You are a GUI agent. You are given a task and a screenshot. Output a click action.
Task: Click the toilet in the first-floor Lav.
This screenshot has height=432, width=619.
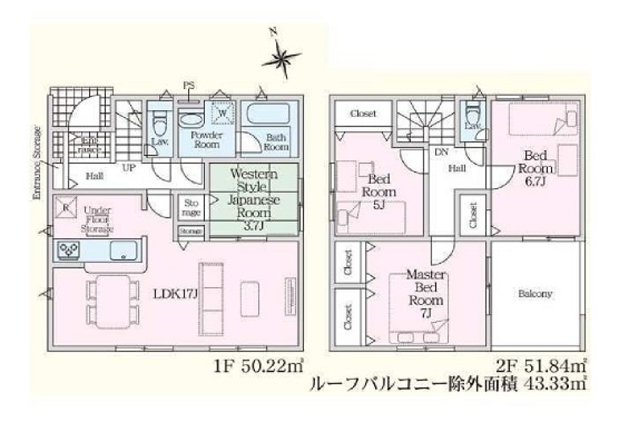159,125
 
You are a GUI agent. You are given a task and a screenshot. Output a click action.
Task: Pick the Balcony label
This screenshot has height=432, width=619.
537,294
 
